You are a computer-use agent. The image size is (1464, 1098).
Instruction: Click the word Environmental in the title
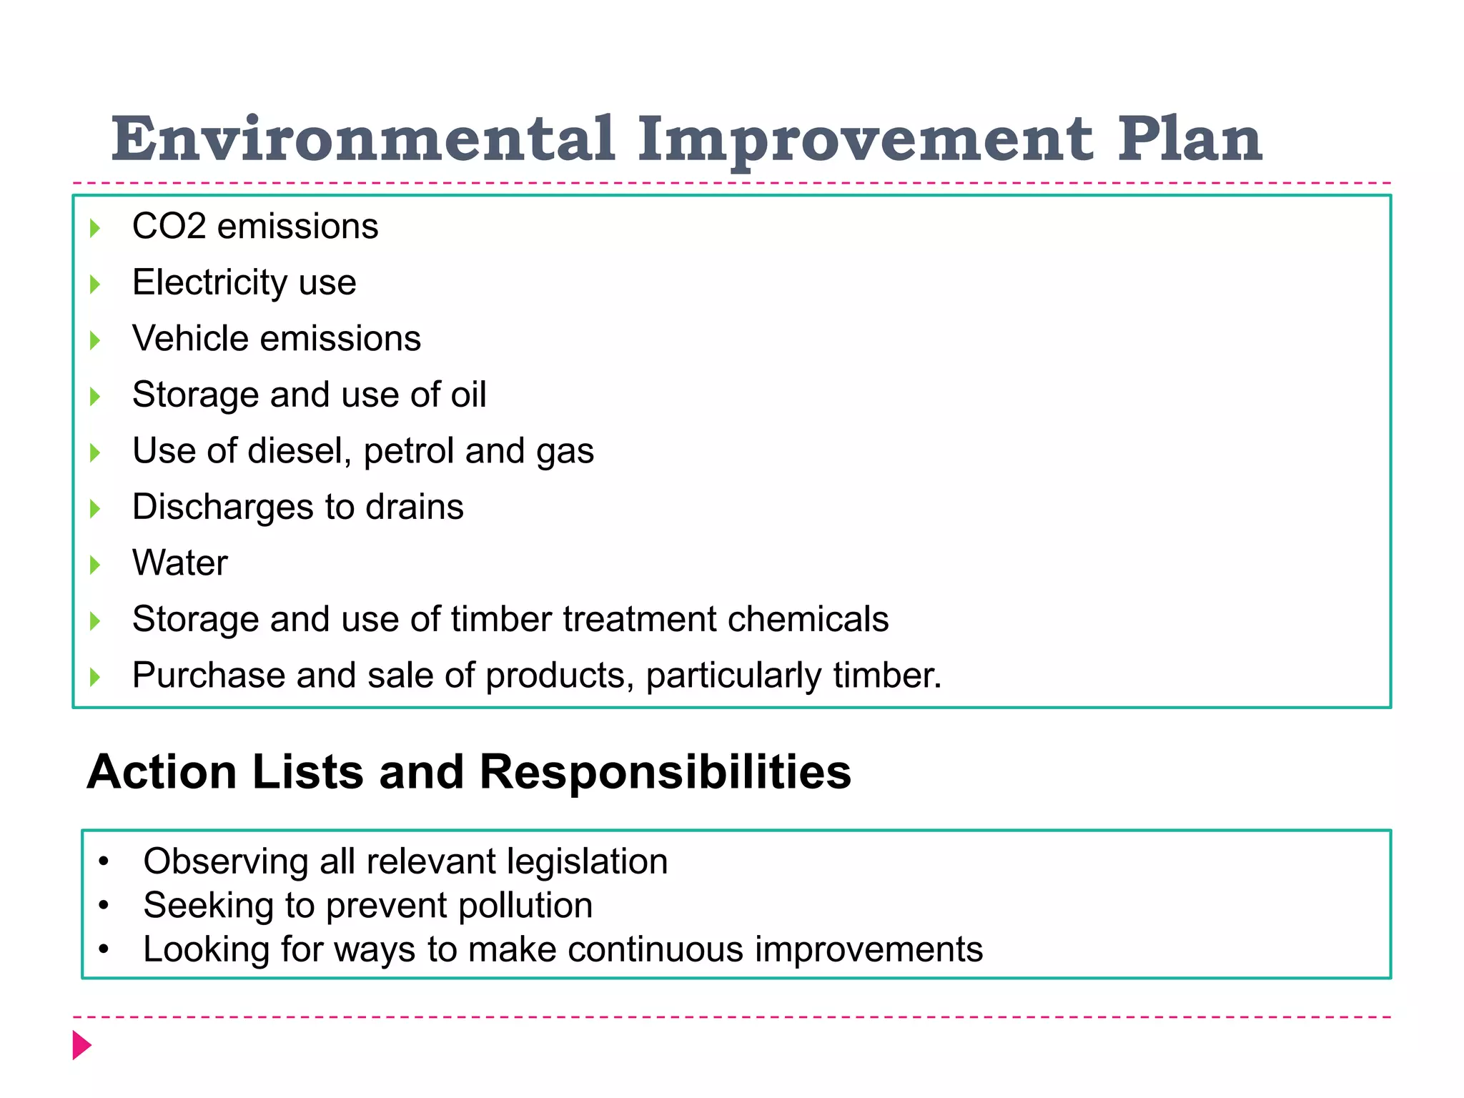pyautogui.click(x=362, y=139)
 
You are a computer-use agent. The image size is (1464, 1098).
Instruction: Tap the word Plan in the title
pyautogui.click(x=1189, y=139)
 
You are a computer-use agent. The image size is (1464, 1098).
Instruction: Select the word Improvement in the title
pyautogui.click(x=865, y=140)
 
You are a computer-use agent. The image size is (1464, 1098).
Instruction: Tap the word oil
pyautogui.click(x=468, y=395)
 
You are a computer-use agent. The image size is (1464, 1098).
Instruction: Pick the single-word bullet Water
pyautogui.click(x=180, y=563)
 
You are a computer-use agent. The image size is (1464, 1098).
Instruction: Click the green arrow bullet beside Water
pyautogui.click(x=95, y=565)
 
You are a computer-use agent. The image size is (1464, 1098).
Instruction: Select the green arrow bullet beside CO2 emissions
pyautogui.click(x=95, y=229)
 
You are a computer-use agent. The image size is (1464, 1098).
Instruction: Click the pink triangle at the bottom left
pyautogui.click(x=81, y=1045)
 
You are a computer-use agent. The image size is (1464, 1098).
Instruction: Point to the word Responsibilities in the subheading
pyautogui.click(x=665, y=772)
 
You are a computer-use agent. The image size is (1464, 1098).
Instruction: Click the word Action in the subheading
pyautogui.click(x=162, y=772)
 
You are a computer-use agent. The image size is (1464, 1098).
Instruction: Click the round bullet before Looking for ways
pyautogui.click(x=104, y=950)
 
